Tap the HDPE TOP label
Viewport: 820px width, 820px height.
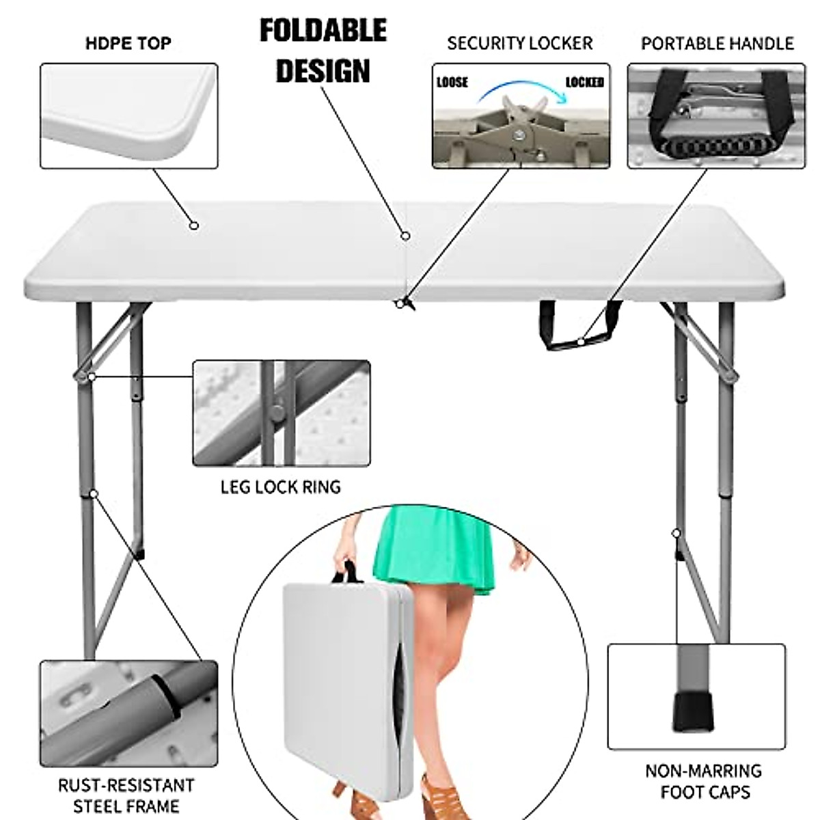coord(128,44)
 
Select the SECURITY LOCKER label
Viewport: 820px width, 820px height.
coord(519,44)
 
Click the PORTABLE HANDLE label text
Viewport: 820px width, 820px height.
coord(717,44)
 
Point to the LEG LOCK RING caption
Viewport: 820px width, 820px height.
coord(280,487)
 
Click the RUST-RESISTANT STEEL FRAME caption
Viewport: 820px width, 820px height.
coord(126,795)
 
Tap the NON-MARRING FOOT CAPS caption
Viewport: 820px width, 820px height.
coord(704,781)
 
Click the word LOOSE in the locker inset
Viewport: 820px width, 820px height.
coord(452,83)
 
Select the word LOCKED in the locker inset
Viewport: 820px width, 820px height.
coord(584,83)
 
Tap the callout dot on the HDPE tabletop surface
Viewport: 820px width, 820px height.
coord(194,225)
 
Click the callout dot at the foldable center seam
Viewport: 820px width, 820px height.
coord(405,236)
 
